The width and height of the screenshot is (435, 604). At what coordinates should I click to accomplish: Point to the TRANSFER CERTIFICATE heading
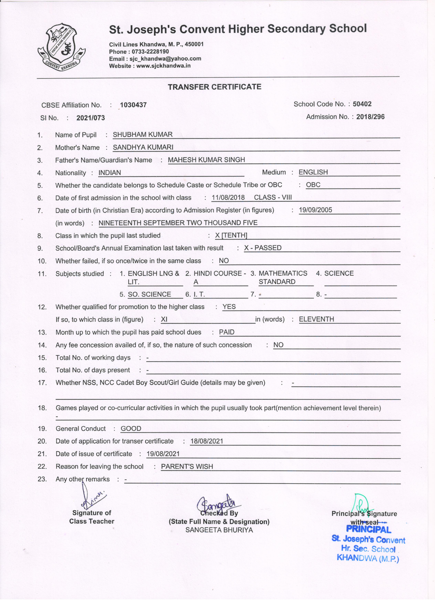[x=214, y=87]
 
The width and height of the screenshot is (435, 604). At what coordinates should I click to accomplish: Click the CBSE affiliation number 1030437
[x=133, y=105]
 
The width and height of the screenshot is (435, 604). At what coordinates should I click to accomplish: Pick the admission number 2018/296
[x=370, y=117]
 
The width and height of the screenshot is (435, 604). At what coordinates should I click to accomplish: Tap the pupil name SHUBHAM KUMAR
[x=143, y=135]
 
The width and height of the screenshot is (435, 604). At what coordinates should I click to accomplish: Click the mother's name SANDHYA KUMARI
[x=143, y=147]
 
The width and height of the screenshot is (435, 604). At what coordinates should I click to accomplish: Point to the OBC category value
[x=313, y=185]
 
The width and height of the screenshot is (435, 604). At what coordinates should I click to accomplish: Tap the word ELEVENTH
[x=316, y=319]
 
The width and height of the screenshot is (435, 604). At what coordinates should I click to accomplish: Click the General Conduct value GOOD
[x=131, y=429]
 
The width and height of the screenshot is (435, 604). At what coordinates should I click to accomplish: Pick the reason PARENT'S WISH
[x=187, y=467]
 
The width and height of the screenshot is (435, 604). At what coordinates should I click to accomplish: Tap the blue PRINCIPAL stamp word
[x=368, y=530]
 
